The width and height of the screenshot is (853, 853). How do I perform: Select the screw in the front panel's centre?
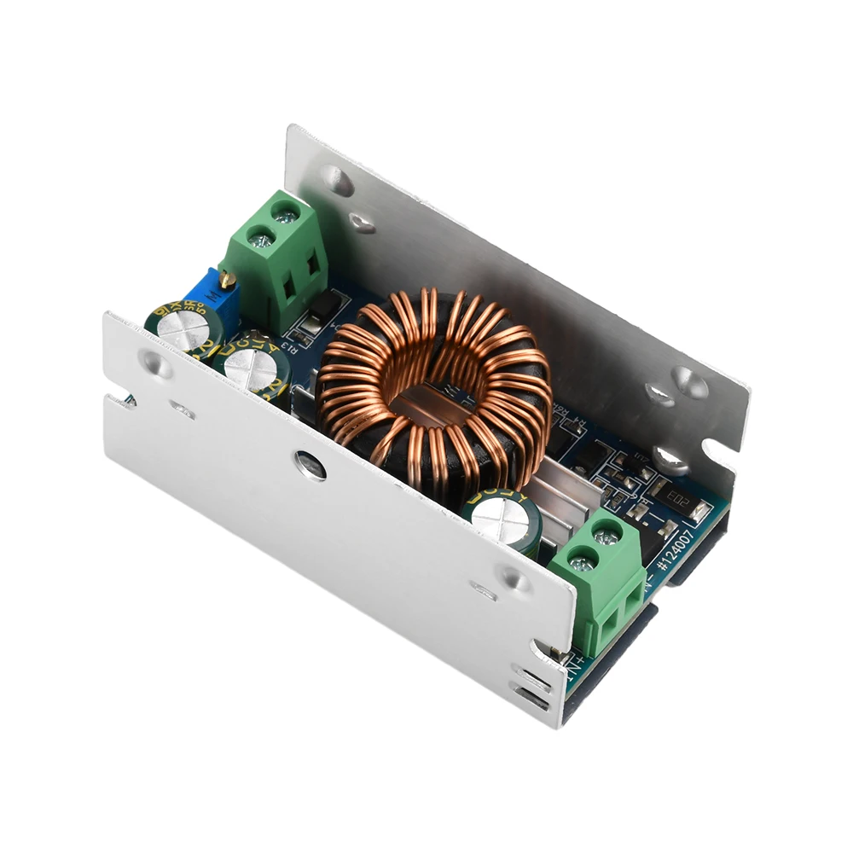[x=310, y=465]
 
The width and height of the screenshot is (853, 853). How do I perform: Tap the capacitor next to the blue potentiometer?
[x=183, y=328]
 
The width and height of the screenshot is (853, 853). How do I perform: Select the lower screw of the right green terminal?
[x=582, y=563]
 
